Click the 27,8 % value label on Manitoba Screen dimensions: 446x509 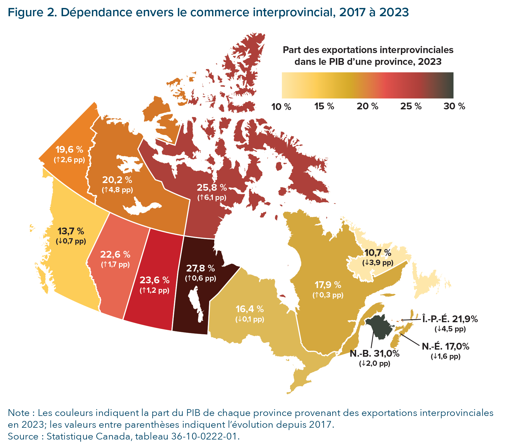pos(200,268)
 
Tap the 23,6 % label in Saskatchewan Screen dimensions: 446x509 pos(154,280)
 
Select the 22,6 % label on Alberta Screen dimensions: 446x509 pos(115,254)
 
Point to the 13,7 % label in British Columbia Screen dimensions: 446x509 pos(71,231)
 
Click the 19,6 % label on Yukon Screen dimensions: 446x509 pos(69,149)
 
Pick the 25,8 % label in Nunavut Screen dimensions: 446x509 pos(212,187)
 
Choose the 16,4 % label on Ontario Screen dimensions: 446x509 pos(249,309)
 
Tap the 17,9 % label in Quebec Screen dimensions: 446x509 pos(328,285)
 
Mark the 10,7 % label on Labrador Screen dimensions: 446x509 pos(378,253)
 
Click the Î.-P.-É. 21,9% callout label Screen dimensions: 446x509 pos(450,319)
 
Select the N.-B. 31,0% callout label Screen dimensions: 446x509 pos(374,353)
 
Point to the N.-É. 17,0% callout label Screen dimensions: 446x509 pos(445,346)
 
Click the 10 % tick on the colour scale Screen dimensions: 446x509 pos(281,107)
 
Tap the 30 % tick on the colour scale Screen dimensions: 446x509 pos(454,106)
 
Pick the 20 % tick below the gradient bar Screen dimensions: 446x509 pos(367,106)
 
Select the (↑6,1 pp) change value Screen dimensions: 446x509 pos(212,198)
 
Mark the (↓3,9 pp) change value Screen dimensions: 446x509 pos(378,263)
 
